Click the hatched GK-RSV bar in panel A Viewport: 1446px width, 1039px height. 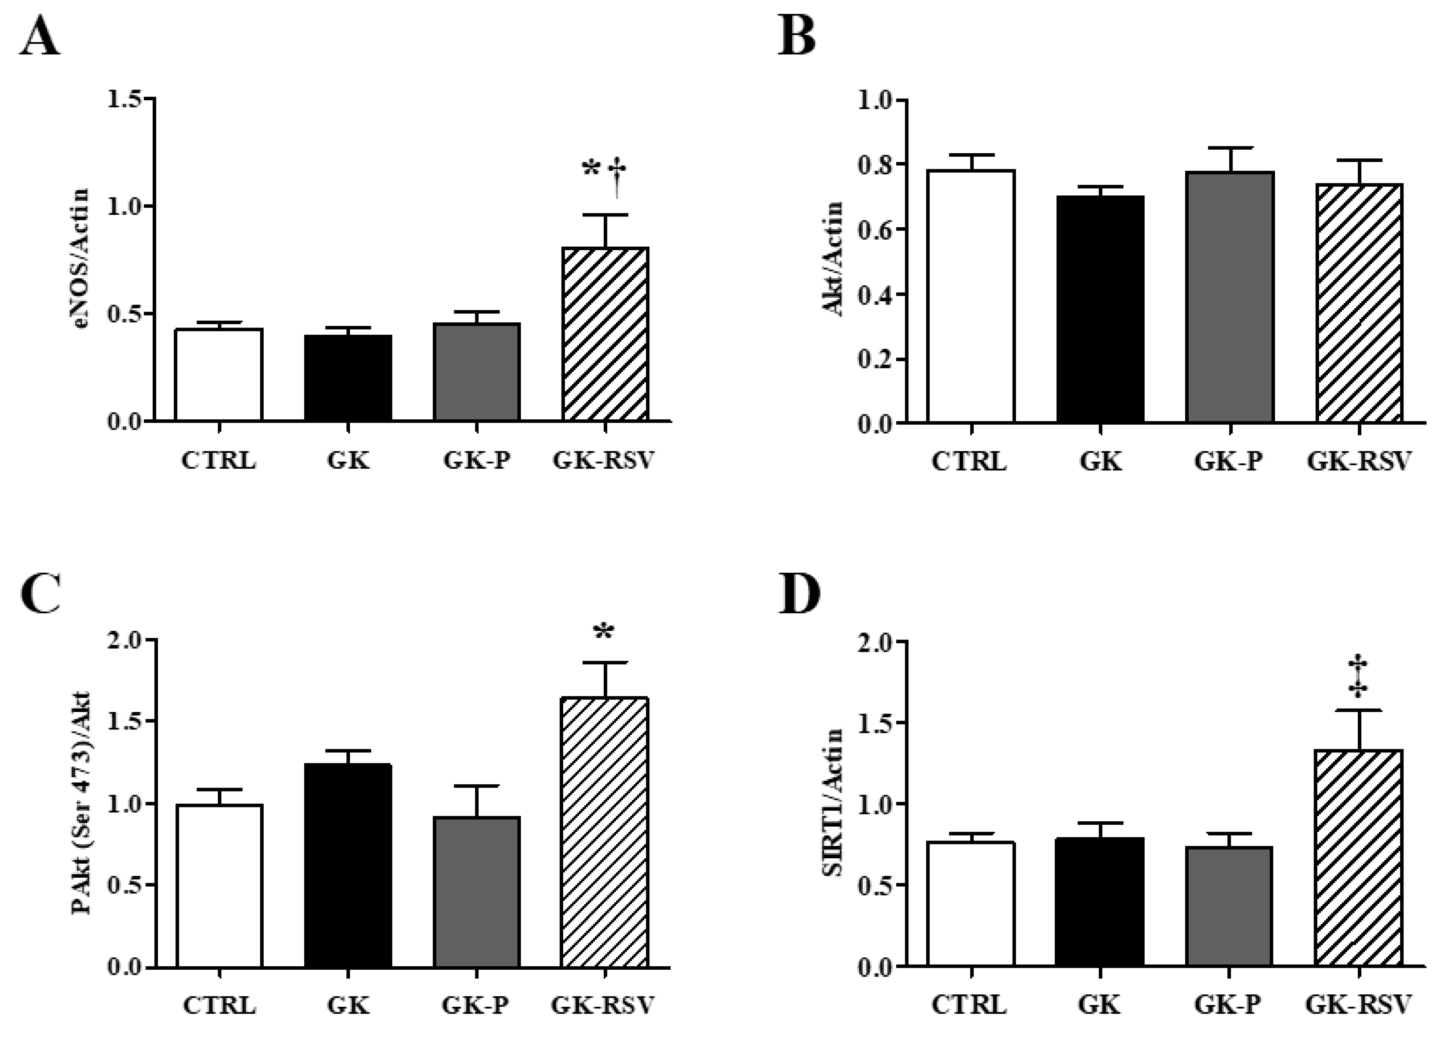click(x=605, y=334)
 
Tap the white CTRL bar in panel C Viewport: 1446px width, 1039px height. click(x=219, y=887)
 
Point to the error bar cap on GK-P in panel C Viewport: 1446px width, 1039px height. click(x=476, y=786)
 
